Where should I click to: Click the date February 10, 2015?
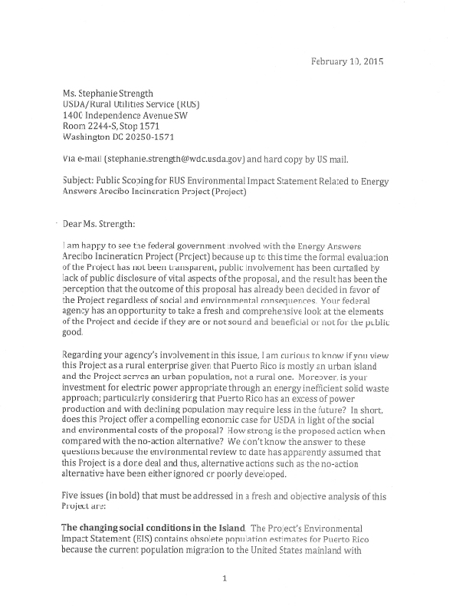coord(346,61)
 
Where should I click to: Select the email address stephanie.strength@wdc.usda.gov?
coord(174,160)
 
